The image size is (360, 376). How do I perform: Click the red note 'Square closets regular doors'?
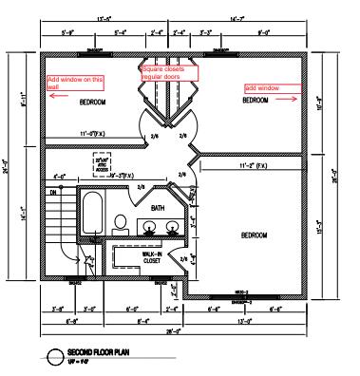pyautogui.click(x=169, y=72)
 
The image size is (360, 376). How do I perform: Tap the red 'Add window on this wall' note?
pyautogui.click(x=74, y=82)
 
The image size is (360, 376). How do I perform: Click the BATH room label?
pyautogui.click(x=158, y=207)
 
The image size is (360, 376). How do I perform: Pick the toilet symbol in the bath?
pyautogui.click(x=121, y=224)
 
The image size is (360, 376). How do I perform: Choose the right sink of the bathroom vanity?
pyautogui.click(x=173, y=226)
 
